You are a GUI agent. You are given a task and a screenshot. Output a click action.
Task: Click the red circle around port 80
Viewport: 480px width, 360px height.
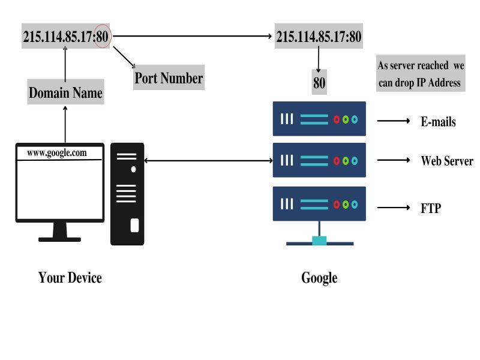[103, 37]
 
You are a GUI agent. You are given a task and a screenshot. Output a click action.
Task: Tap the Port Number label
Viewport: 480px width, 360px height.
[169, 78]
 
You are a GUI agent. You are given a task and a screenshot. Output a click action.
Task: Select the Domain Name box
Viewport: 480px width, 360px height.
[65, 93]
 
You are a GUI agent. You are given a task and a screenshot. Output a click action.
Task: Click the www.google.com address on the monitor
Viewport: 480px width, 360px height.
[57, 152]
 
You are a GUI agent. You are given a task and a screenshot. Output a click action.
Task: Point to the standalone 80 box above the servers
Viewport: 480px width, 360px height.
[319, 83]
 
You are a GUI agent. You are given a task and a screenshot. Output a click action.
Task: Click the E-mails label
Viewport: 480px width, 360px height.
[438, 122]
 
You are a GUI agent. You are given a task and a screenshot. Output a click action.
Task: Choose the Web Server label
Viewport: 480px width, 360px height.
[447, 161]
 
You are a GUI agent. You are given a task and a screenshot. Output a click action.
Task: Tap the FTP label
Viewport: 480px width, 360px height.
[430, 209]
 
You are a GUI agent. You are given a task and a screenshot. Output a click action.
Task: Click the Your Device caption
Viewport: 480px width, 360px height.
[70, 277]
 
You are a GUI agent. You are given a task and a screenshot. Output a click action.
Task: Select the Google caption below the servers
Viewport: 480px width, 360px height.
[319, 278]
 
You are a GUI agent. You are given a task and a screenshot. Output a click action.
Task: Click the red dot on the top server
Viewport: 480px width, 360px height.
[337, 119]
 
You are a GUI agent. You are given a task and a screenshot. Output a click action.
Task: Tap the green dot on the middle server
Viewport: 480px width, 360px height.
[346, 161]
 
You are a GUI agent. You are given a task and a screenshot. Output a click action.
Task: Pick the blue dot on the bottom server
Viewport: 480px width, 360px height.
[354, 205]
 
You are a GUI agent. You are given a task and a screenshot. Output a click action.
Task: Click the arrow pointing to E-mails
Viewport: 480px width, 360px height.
[393, 121]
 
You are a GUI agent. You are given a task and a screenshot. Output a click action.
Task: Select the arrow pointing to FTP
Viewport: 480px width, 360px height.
[393, 208]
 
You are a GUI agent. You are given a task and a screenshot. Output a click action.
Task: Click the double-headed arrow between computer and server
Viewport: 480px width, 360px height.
[209, 160]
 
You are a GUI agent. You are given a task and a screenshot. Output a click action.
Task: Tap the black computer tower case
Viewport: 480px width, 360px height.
[127, 193]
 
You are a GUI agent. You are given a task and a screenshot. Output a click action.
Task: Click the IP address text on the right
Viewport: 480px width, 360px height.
[319, 37]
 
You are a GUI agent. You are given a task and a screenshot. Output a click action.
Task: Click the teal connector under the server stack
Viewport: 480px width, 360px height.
[319, 241]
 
